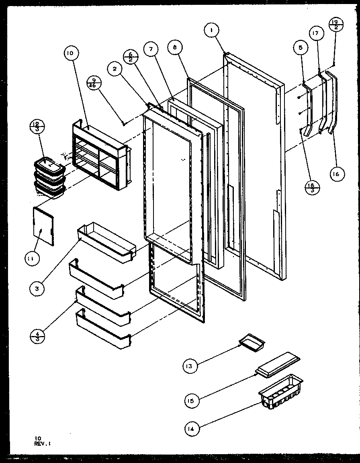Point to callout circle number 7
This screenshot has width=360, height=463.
tap(151, 49)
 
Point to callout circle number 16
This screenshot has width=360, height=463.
tap(335, 174)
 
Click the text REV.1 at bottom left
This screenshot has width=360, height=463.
tap(43, 444)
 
